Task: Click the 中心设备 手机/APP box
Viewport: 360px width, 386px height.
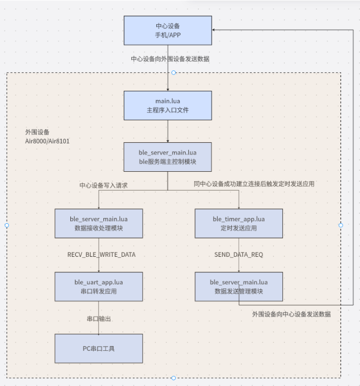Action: [168, 30]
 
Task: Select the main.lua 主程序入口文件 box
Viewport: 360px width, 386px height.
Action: [168, 105]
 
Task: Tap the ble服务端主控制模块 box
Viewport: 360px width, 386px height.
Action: [168, 157]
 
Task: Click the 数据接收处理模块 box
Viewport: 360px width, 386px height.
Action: [99, 223]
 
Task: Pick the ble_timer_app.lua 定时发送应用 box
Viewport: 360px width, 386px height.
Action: [239, 223]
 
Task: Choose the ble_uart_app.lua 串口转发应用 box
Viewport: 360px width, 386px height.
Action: [99, 287]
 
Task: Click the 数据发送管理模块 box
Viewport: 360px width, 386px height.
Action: [239, 287]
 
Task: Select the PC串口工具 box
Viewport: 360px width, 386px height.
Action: [99, 348]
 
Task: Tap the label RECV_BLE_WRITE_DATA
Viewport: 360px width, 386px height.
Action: [101, 255]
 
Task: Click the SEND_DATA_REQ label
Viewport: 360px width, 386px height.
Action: [239, 255]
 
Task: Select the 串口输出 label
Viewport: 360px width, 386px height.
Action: [99, 319]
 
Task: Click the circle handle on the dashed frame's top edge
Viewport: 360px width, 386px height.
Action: [174, 72]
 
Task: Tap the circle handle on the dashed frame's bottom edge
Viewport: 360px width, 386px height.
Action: [174, 378]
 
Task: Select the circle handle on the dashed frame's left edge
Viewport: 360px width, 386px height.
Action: [7, 225]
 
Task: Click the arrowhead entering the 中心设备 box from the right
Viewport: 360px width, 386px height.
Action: [215, 30]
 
